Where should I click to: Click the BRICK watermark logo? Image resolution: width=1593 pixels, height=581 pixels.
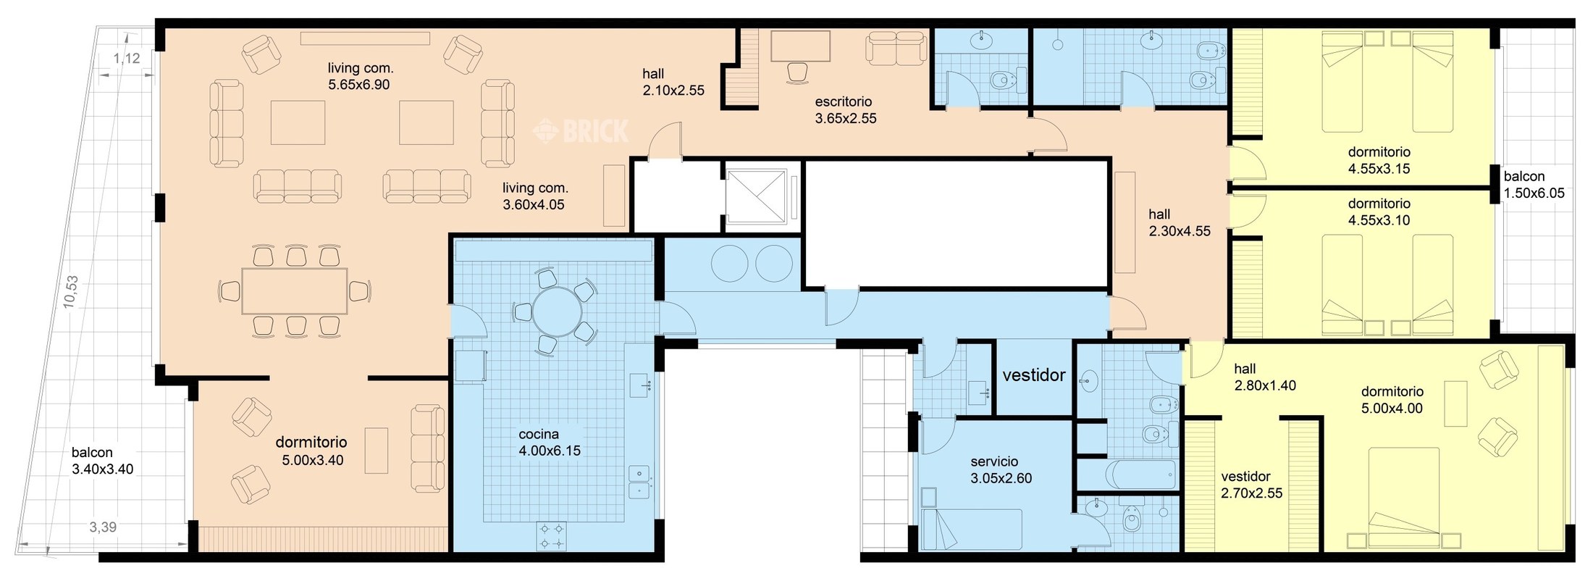[581, 131]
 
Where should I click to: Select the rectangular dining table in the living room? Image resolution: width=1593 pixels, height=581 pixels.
[295, 290]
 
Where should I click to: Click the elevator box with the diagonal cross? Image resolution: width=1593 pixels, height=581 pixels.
[756, 196]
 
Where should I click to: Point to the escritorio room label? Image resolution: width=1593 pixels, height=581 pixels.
[846, 110]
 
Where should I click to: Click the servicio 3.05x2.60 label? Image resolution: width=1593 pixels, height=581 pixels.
[1001, 469]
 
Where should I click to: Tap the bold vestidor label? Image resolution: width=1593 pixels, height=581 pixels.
[1034, 375]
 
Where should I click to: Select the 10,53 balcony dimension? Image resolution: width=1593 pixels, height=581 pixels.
[70, 291]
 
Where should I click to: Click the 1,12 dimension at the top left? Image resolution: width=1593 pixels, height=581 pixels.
[127, 58]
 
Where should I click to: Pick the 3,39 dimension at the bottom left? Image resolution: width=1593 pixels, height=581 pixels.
[103, 527]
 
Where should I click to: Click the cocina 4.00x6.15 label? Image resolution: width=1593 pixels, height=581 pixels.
[550, 442]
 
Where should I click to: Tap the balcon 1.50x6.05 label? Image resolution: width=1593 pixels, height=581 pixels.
[1534, 185]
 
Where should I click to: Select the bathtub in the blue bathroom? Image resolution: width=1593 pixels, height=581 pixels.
[1141, 475]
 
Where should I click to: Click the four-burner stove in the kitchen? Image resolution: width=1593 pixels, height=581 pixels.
[552, 536]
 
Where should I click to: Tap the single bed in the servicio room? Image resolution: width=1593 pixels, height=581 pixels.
[971, 529]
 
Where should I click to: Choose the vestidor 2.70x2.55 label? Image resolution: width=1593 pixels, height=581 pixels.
[1251, 485]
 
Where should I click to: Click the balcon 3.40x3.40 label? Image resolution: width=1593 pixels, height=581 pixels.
[103, 461]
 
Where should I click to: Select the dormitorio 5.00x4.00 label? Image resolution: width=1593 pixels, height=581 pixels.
[1392, 400]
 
